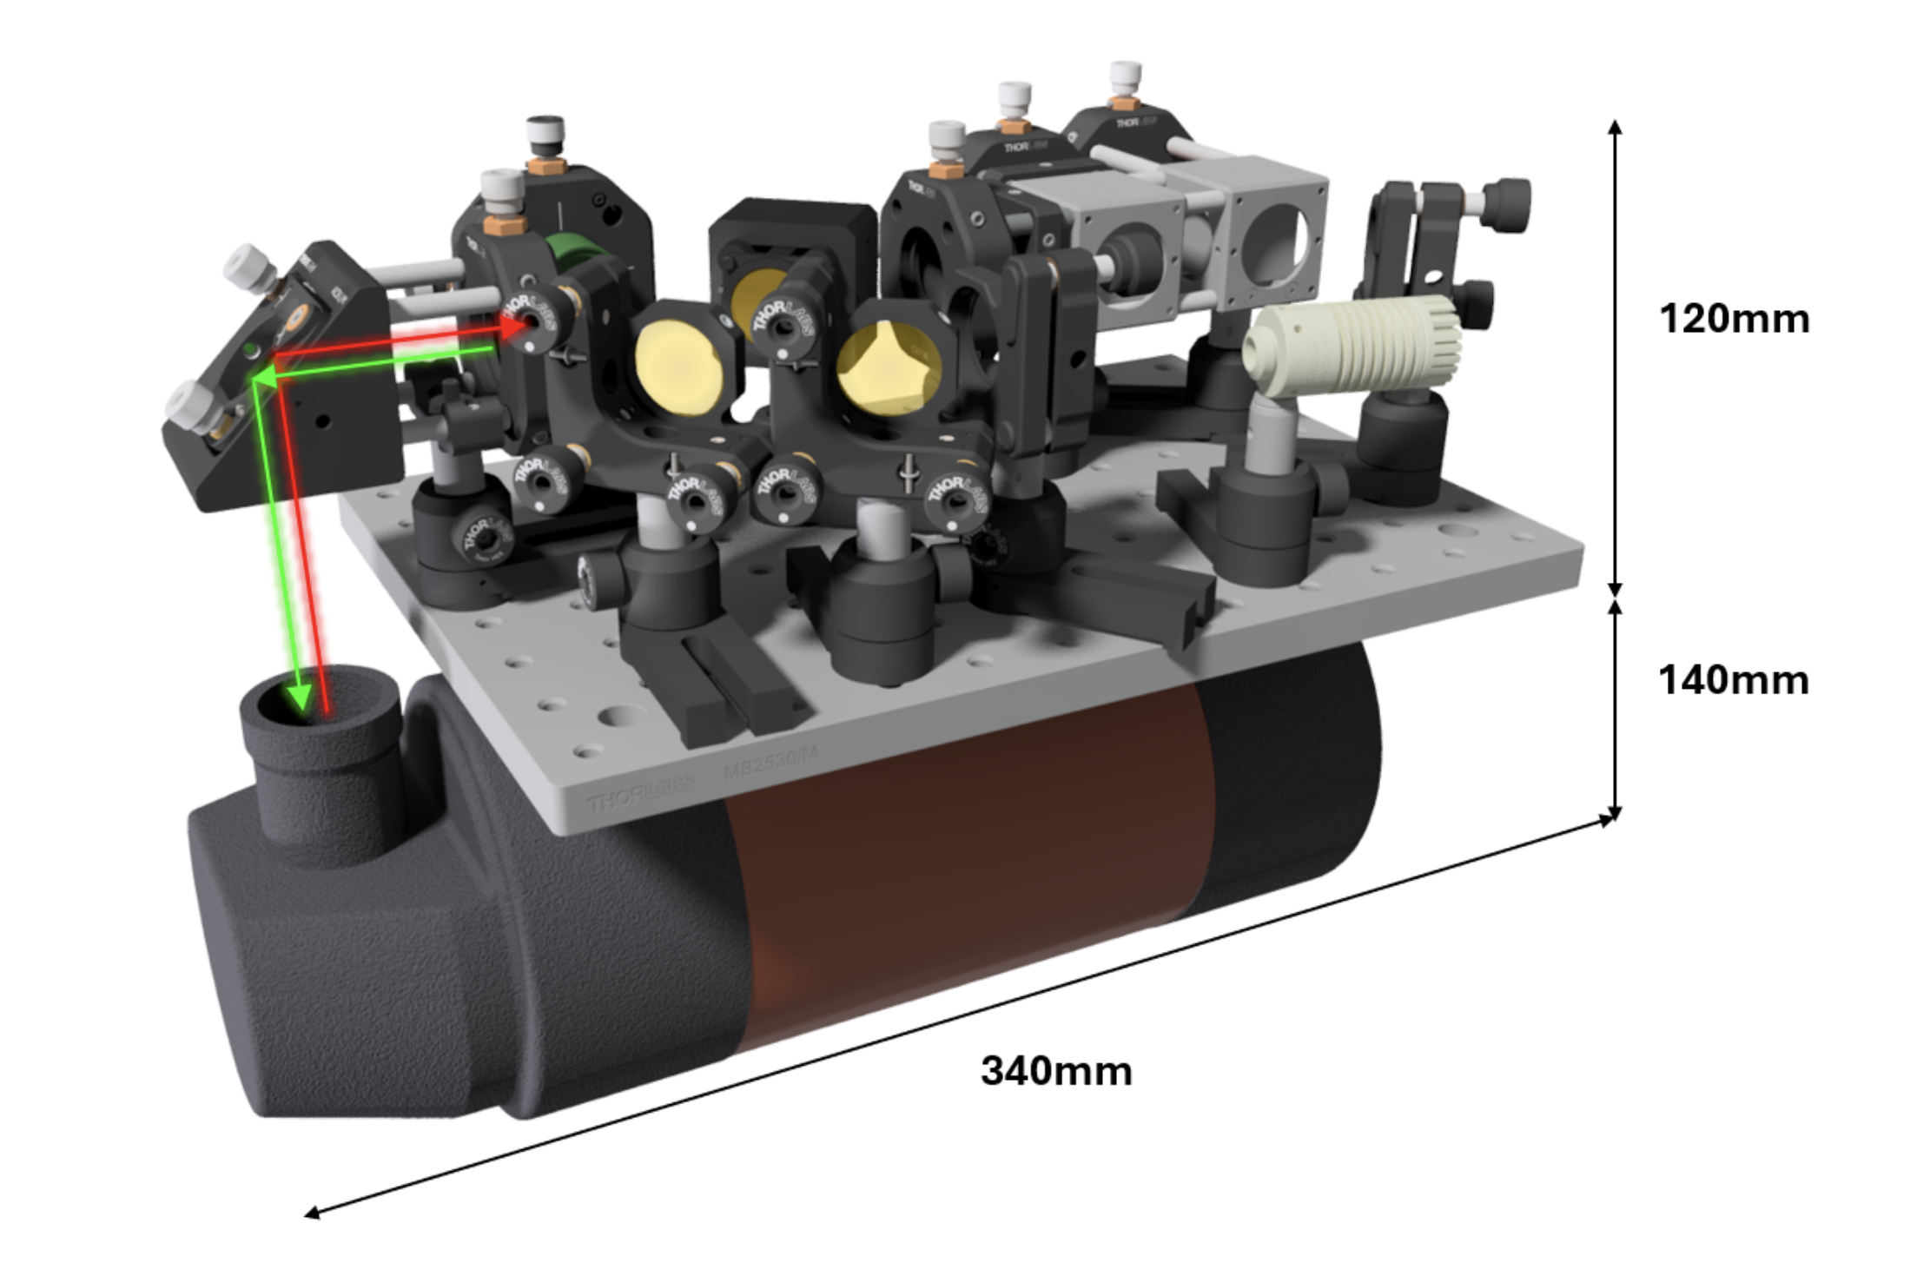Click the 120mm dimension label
pyautogui.click(x=1734, y=319)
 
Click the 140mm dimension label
pyautogui.click(x=1734, y=679)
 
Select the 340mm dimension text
pyautogui.click(x=1056, y=1070)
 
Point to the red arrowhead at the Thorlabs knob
pyautogui.click(x=512, y=325)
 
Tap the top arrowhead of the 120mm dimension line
pyautogui.click(x=1615, y=127)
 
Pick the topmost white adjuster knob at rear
pyautogui.click(x=1126, y=75)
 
